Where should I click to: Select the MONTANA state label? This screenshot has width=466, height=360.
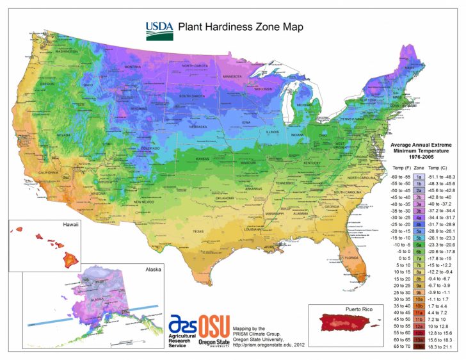pyautogui.click(x=133, y=67)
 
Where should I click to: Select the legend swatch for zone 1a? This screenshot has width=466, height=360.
pyautogui.click(x=418, y=176)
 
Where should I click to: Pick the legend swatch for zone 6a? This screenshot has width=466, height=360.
pyautogui.click(x=418, y=244)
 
